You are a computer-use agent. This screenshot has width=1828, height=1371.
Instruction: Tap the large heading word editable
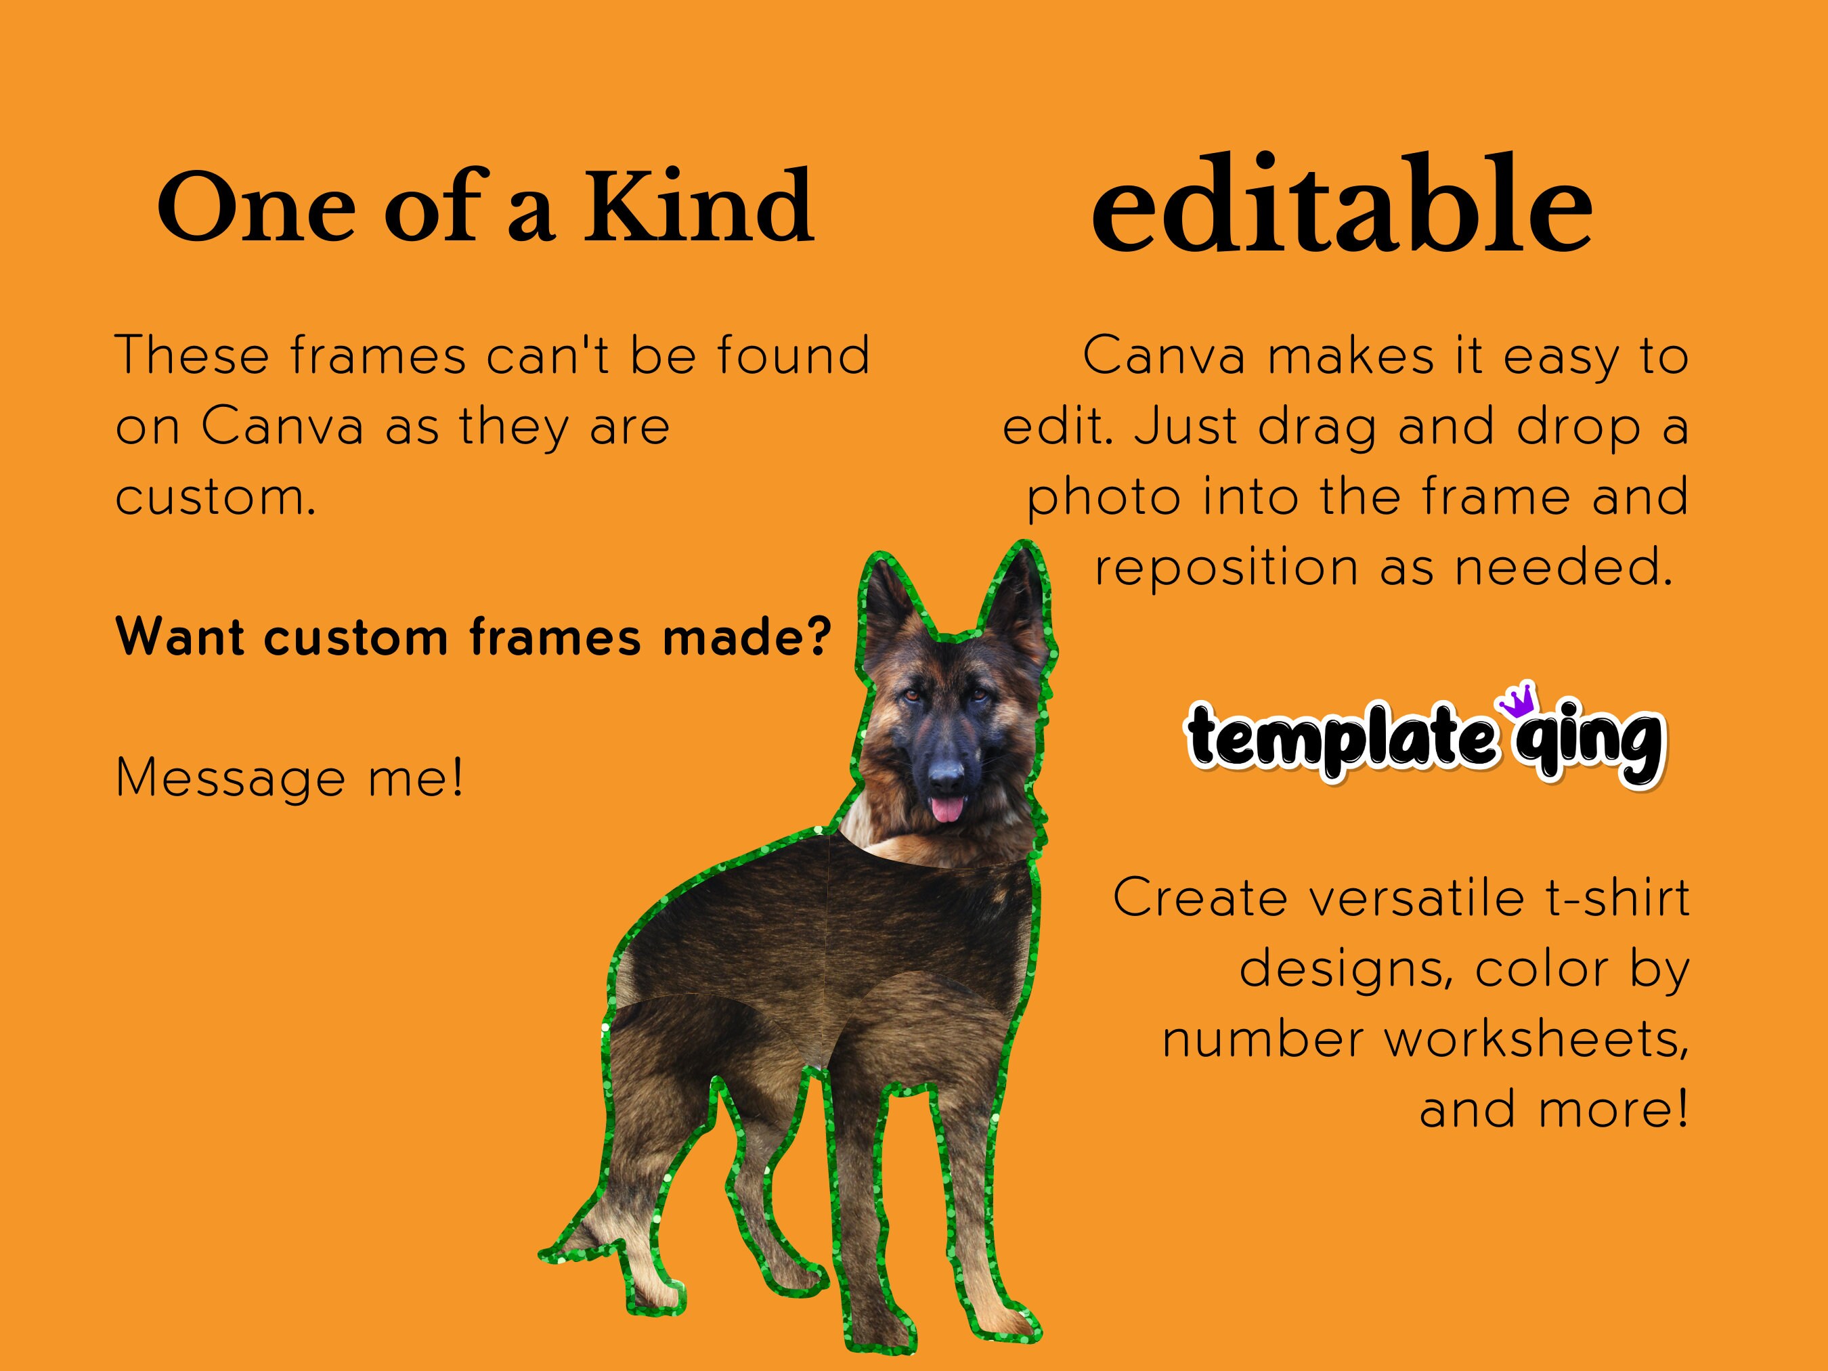1341,206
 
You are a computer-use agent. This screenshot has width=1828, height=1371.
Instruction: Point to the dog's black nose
945,775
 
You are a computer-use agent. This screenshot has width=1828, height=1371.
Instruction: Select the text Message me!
289,779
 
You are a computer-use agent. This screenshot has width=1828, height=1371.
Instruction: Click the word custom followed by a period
215,498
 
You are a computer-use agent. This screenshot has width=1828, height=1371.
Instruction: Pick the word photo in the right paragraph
1104,498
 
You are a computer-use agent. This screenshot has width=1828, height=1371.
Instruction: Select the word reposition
1226,569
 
